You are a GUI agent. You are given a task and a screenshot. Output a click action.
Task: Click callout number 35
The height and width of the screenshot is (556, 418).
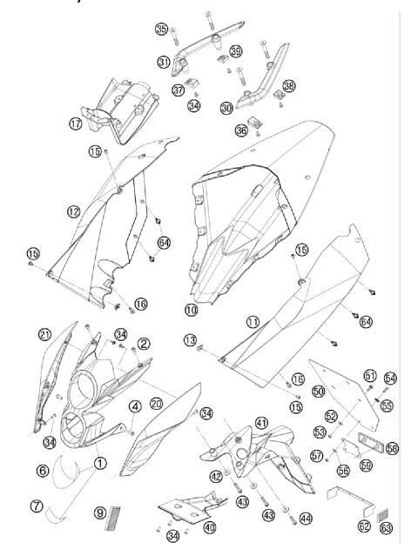point(161,29)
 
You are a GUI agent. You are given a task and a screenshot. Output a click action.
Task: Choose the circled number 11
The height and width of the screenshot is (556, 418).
point(253,321)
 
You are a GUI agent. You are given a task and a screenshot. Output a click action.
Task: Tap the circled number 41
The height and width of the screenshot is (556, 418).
point(260,421)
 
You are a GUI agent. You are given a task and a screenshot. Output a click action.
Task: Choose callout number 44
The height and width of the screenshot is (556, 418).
point(305,518)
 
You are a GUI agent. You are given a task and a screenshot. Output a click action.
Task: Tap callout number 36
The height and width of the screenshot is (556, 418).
point(242,128)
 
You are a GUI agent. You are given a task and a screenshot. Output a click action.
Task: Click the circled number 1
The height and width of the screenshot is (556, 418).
point(102,464)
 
